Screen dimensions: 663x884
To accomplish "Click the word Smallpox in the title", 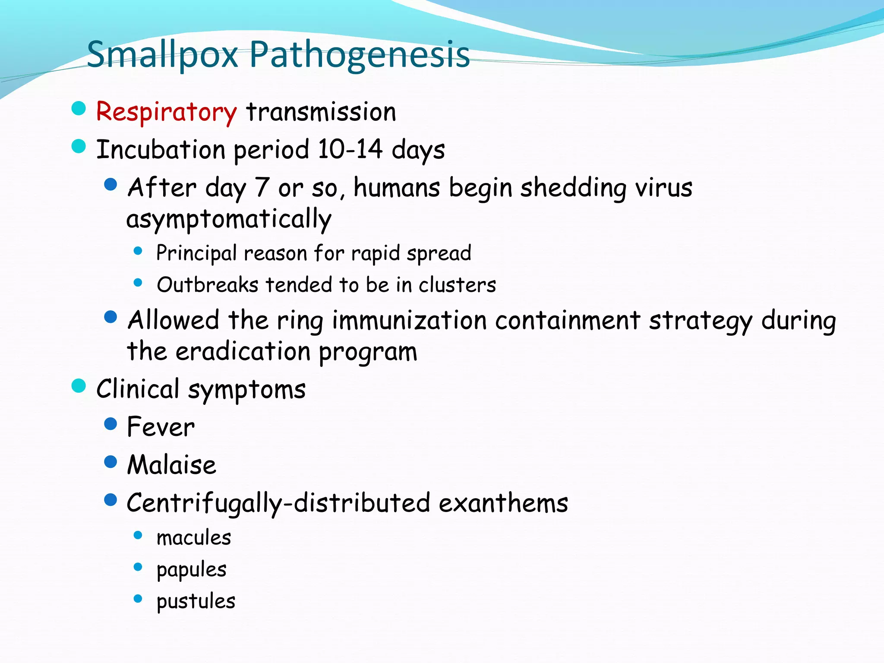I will pyautogui.click(x=162, y=55).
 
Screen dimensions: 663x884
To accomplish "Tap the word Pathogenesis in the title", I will pyautogui.click(x=359, y=55).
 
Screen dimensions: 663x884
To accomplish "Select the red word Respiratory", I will pyautogui.click(x=166, y=112).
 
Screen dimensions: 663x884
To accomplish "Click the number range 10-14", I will pyautogui.click(x=350, y=149).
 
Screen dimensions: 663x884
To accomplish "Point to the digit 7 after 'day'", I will pyautogui.click(x=262, y=188).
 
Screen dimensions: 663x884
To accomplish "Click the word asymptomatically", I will pyautogui.click(x=229, y=219).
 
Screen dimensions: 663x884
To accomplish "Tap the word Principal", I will pyautogui.click(x=196, y=253).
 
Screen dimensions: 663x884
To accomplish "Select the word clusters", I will pyautogui.click(x=457, y=285).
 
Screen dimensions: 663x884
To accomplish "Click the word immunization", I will pyautogui.click(x=409, y=320).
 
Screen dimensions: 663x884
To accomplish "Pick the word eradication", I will pyautogui.click(x=243, y=351).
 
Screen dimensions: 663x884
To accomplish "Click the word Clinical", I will pyautogui.click(x=138, y=389).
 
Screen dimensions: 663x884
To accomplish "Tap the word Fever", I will pyautogui.click(x=161, y=427).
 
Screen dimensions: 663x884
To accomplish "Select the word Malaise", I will pyautogui.click(x=171, y=465).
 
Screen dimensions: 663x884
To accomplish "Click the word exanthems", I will pyautogui.click(x=503, y=503).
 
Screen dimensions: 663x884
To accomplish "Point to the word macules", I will pyautogui.click(x=194, y=538).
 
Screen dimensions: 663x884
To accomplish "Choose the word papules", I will pyautogui.click(x=191, y=570).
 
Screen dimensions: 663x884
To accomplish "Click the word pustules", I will pyautogui.click(x=196, y=601).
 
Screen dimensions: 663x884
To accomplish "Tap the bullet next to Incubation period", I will pyautogui.click(x=79, y=146).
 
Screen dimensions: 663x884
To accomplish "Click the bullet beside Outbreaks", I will pyautogui.click(x=138, y=283).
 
